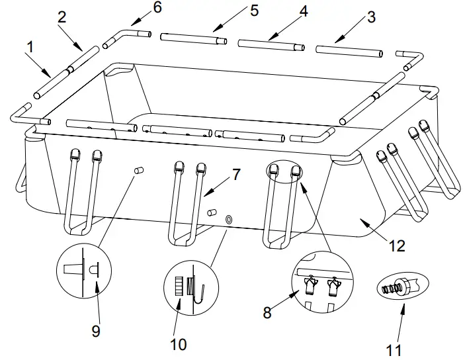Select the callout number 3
(x=371, y=17)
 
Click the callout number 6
(x=157, y=8)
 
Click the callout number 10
(x=178, y=344)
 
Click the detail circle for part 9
(x=83, y=271)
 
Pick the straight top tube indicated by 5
(x=193, y=38)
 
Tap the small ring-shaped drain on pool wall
(x=229, y=218)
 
